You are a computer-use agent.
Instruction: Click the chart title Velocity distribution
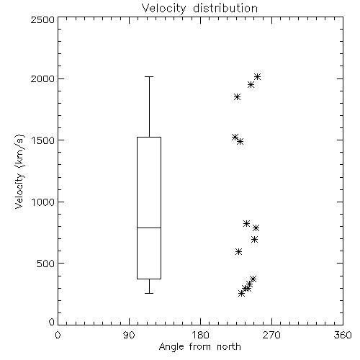tap(199, 8)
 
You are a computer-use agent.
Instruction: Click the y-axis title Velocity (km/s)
tap(19, 171)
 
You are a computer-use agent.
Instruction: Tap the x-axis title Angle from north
tap(199, 347)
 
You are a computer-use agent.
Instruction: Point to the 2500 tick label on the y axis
tap(42, 19)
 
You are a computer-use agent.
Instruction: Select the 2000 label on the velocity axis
tap(42, 78)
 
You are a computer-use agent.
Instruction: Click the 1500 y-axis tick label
tap(43, 140)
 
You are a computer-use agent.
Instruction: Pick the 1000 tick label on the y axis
tap(43, 202)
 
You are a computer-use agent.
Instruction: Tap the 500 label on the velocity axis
tap(46, 264)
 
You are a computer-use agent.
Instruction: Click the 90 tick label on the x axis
tap(129, 335)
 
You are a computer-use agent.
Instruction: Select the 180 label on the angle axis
tap(200, 335)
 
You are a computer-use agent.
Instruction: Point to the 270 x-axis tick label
tap(271, 335)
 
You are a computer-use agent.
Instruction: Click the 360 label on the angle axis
tap(343, 335)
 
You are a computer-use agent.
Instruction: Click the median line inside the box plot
tap(149, 228)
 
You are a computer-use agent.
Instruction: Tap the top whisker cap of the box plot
tap(149, 77)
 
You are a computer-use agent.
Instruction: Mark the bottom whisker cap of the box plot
tap(149, 293)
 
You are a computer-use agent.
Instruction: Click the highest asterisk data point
tap(257, 77)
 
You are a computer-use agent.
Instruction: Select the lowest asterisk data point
tap(241, 293)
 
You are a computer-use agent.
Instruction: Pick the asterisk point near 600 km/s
tap(238, 251)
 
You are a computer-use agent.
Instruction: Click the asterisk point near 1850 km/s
tap(237, 97)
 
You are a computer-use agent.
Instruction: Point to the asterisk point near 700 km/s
tap(254, 239)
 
